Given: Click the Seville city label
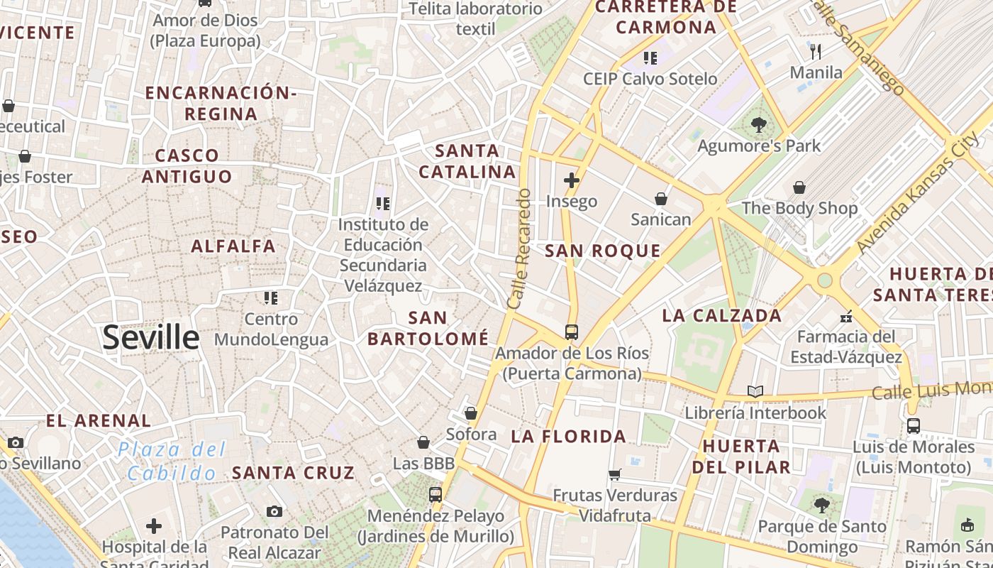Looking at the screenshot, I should coord(150,337).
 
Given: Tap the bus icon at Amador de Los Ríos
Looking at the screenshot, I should coord(571,332).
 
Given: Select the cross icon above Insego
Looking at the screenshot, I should coord(571,180).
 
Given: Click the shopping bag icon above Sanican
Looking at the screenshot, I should coord(661,199).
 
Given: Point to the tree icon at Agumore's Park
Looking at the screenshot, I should coord(758,126).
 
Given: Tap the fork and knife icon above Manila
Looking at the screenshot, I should coord(816,51).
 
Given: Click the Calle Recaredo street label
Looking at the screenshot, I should coord(519,248).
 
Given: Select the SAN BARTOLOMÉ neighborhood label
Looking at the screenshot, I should coord(428,328).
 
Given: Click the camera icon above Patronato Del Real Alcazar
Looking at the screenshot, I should coord(274,511).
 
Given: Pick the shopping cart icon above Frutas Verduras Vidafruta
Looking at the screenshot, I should coord(615,474).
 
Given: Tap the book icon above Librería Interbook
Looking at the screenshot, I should coord(755,391).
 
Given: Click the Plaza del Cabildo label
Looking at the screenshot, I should coord(172,461).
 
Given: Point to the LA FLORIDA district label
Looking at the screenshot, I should coord(569,437).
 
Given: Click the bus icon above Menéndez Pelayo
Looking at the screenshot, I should coord(436,495).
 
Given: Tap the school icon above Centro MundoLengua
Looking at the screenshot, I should coord(270,298).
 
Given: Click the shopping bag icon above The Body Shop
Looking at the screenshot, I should coord(799,187).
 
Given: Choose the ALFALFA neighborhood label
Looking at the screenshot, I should coord(233,246).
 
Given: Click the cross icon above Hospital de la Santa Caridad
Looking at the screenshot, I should coord(154,526).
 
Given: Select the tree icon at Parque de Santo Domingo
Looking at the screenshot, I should coord(822,506).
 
